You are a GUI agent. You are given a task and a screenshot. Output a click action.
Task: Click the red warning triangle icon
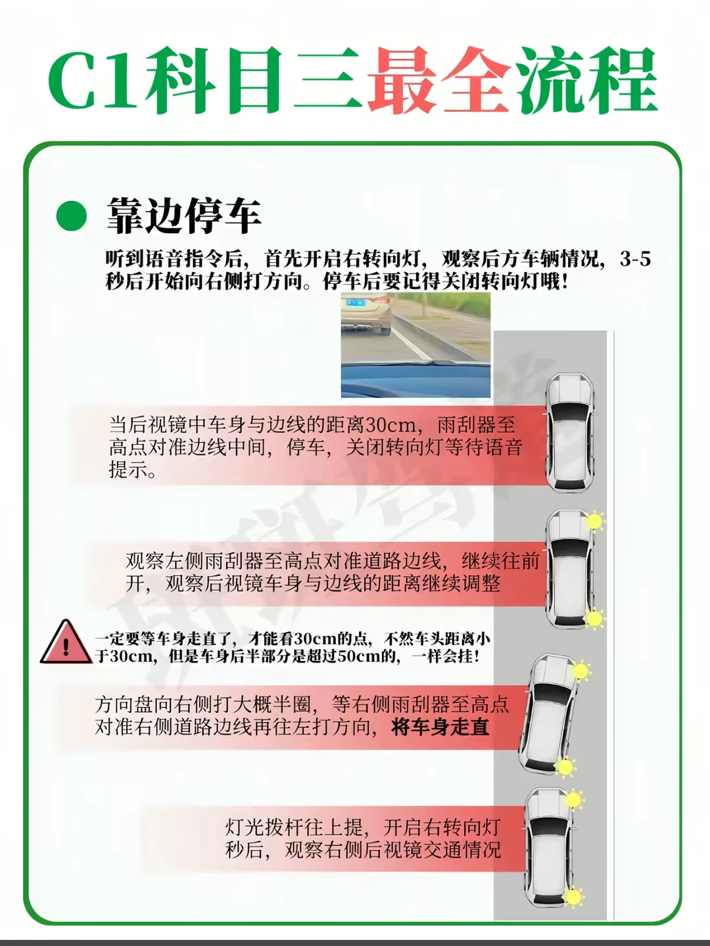click(66, 642)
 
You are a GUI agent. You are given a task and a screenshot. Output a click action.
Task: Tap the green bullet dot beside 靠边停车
click(72, 215)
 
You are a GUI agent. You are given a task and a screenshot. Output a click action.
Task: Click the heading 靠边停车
click(184, 216)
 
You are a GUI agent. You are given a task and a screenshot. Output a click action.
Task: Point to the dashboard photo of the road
click(415, 345)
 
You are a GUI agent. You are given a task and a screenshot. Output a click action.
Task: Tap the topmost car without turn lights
click(570, 433)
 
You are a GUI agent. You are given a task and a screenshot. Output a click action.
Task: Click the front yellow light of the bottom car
click(573, 800)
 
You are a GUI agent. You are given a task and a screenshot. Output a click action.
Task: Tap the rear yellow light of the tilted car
click(565, 767)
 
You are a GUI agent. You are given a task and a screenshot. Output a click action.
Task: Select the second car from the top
click(570, 569)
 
